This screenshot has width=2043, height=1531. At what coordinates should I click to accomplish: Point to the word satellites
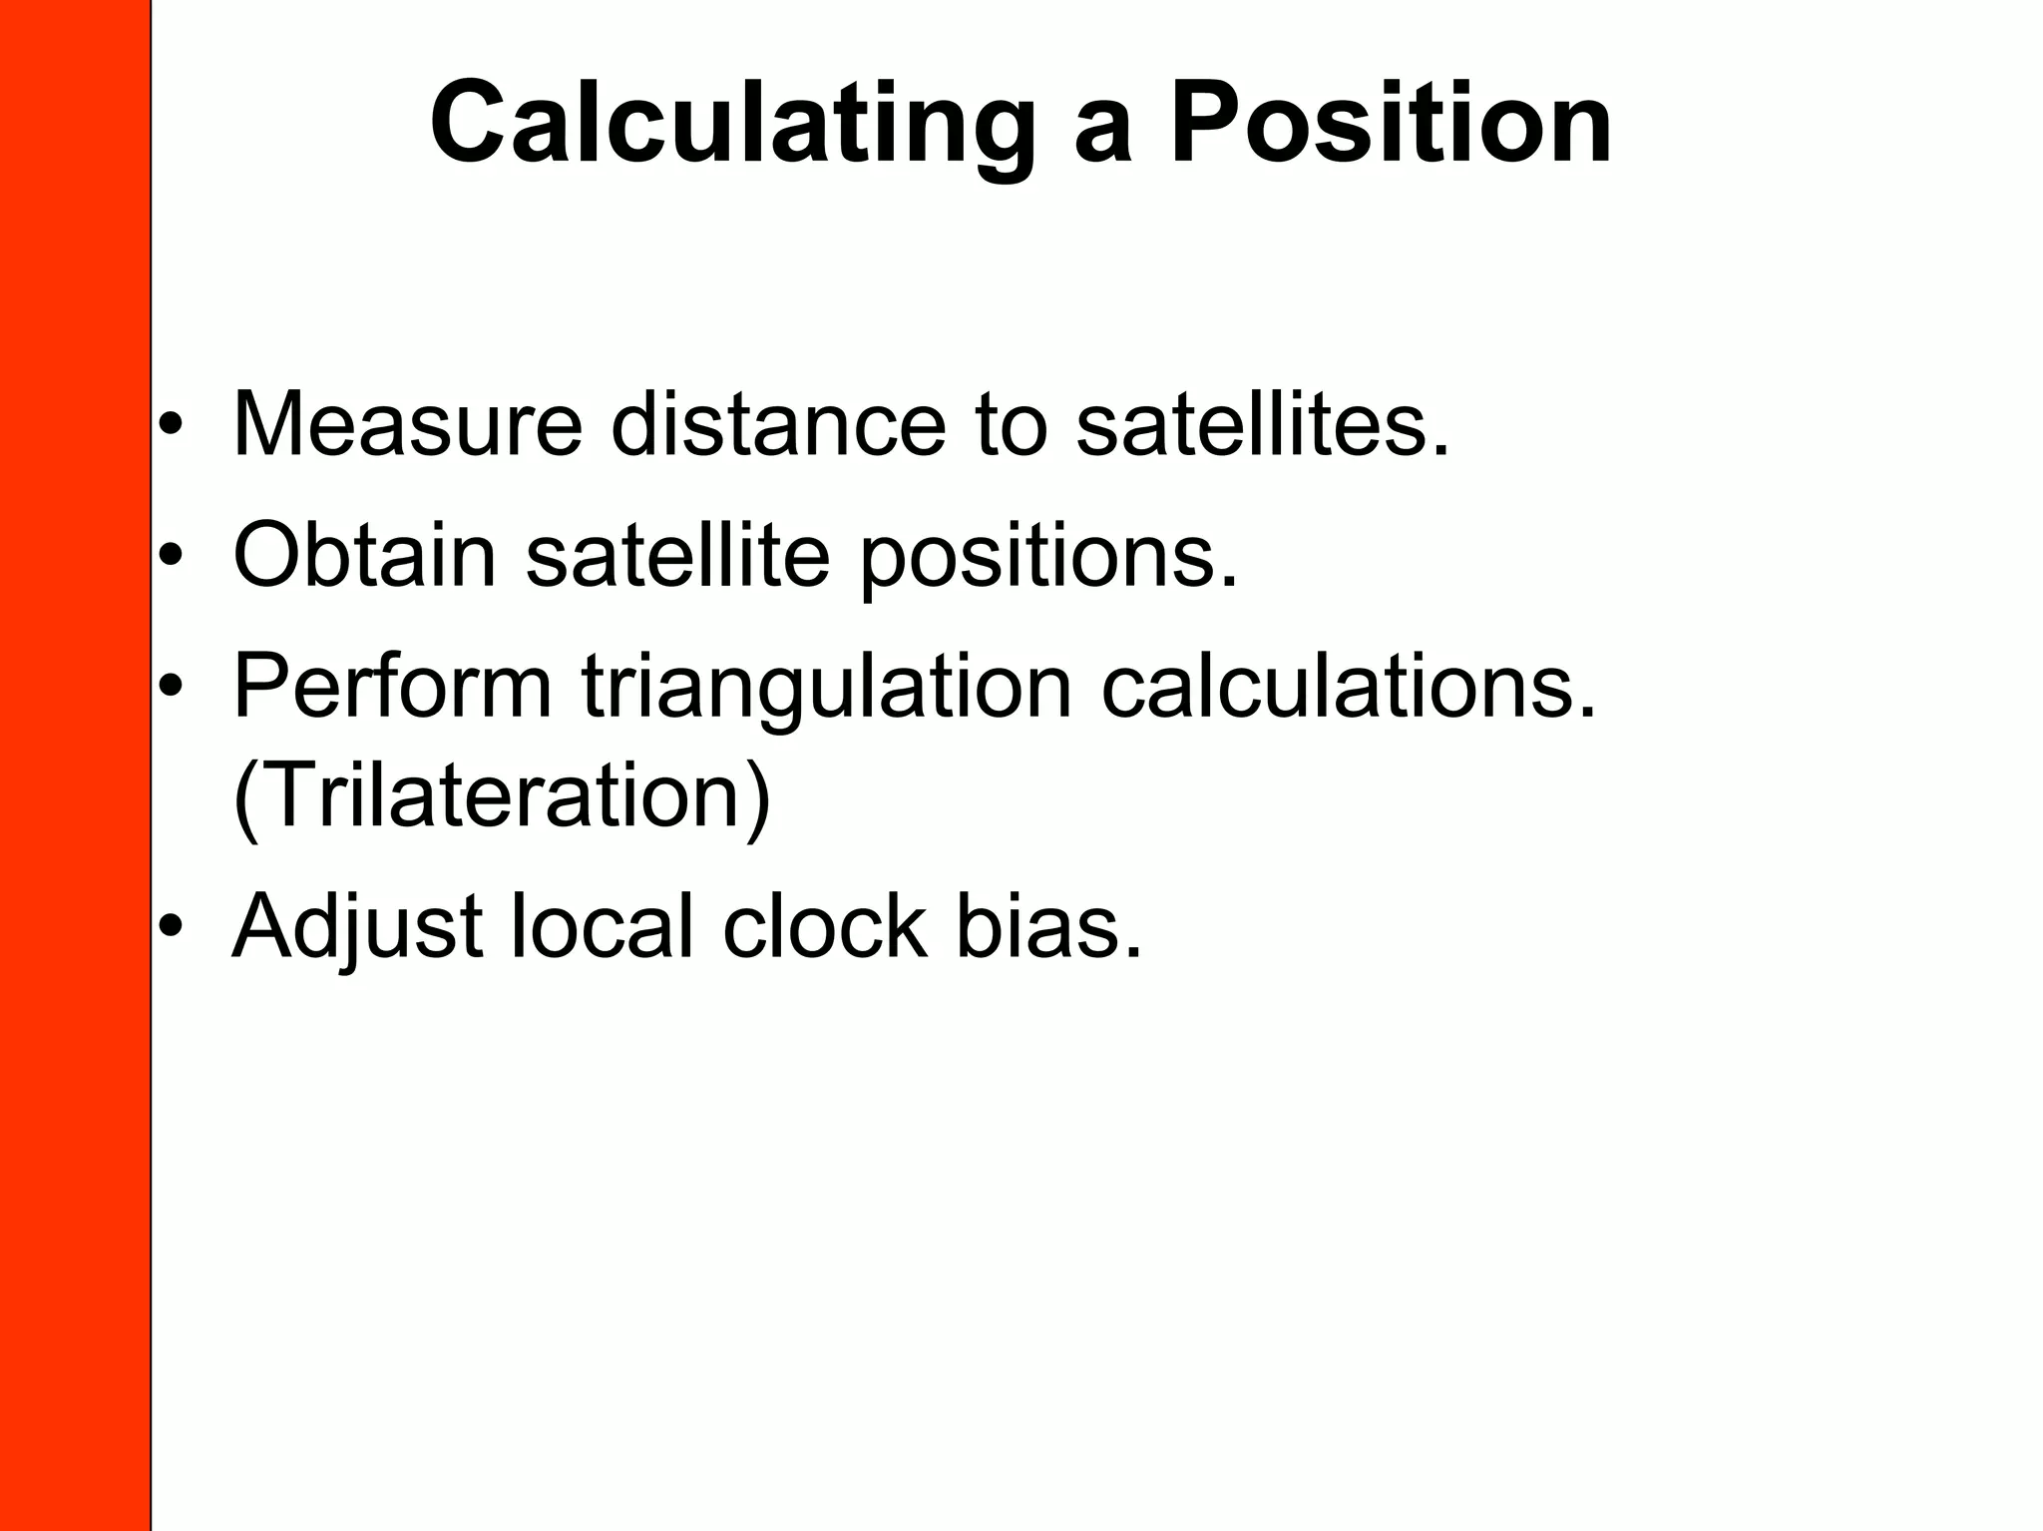[1262, 426]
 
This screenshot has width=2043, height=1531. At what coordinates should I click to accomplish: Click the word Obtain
[364, 556]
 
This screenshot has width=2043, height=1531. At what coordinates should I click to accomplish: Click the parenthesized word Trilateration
[502, 796]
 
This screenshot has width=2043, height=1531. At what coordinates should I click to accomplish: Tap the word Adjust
[358, 928]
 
